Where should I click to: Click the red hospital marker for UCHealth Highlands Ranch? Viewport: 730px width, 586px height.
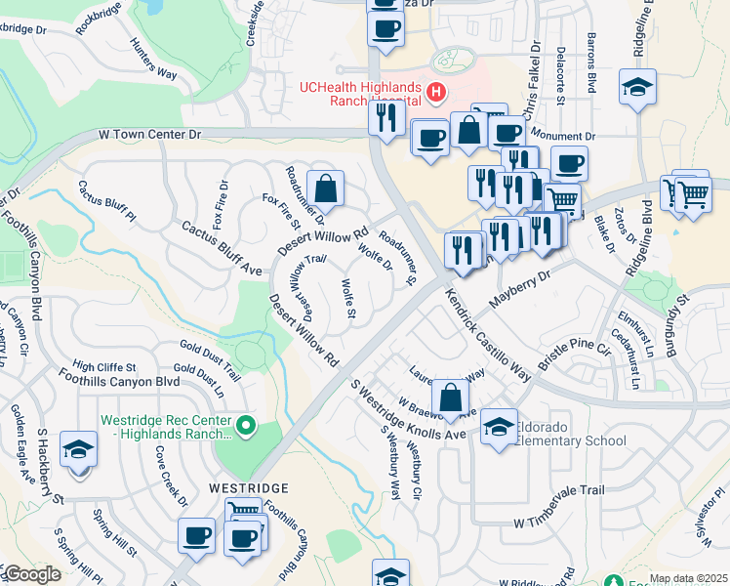pyautogui.click(x=435, y=95)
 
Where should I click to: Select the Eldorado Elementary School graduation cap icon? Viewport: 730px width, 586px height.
pyautogui.click(x=499, y=427)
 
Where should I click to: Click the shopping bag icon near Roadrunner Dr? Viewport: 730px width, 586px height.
pyautogui.click(x=325, y=188)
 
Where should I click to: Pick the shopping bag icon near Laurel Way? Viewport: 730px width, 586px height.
pyautogui.click(x=450, y=397)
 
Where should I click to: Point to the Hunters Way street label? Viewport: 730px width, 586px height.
pyautogui.click(x=153, y=59)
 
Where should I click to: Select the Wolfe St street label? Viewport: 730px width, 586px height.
pyautogui.click(x=348, y=299)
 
